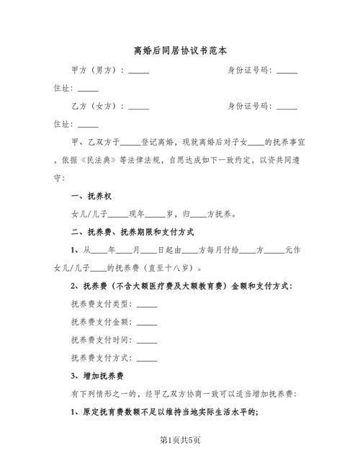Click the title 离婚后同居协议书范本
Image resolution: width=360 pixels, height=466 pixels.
(180, 51)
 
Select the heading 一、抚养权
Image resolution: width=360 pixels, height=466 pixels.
(91, 196)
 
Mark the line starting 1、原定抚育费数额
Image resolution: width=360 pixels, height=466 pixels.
(166, 411)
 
